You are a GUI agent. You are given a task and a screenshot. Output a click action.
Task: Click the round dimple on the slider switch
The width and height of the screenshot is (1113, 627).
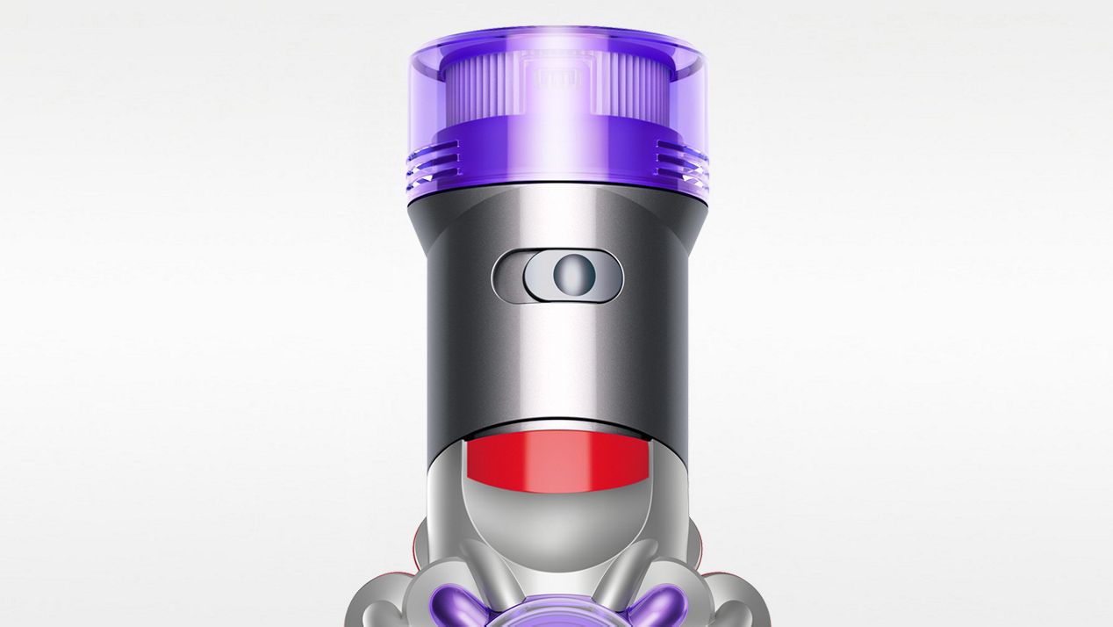pos(569,276)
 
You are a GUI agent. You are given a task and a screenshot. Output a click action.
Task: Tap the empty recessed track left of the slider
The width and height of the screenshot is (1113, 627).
pos(507,277)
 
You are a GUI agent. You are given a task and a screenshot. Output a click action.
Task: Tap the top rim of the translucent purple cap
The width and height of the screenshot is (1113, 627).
pos(558,37)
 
